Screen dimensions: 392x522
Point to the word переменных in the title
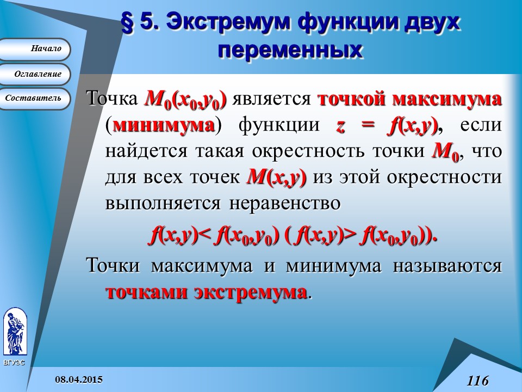coord(290,50)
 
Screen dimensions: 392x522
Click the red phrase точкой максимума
coord(409,100)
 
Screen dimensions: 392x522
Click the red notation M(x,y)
coord(277,177)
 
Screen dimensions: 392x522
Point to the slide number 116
coord(477,381)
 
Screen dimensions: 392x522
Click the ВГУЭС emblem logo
coord(14,332)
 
